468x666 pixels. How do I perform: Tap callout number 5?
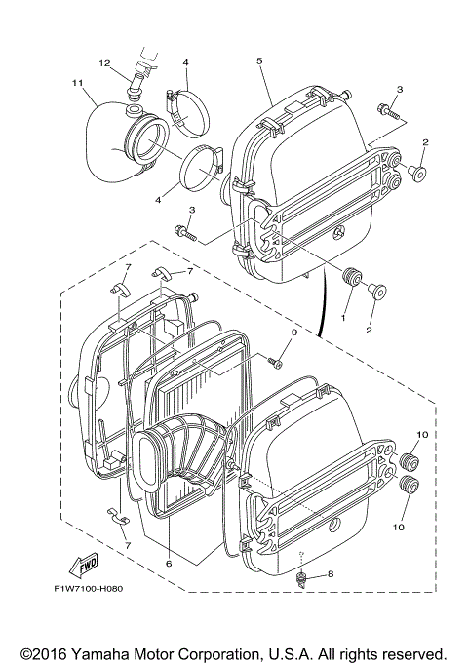[260, 60]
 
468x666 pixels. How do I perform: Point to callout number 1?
[343, 318]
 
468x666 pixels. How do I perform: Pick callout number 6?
[169, 563]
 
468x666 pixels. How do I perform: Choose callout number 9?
[292, 333]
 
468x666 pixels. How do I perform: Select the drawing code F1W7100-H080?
[89, 589]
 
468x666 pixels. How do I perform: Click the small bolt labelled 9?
[276, 363]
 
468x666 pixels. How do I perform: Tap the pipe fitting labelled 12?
[135, 86]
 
